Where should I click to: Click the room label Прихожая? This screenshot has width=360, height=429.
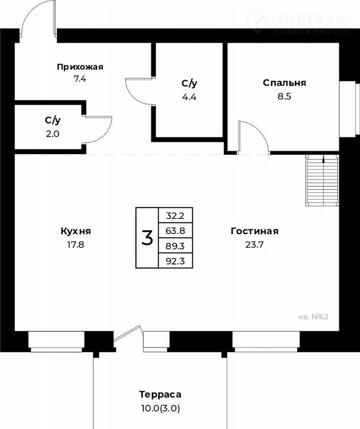pyautogui.click(x=80, y=67)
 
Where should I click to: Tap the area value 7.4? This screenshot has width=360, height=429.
pyautogui.click(x=80, y=79)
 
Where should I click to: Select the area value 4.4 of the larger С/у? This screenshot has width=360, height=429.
pyautogui.click(x=190, y=97)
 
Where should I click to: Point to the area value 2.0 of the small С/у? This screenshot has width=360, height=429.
pyautogui.click(x=52, y=134)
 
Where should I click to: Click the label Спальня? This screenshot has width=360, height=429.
pyautogui.click(x=285, y=83)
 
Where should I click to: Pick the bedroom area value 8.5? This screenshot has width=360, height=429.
pyautogui.click(x=285, y=97)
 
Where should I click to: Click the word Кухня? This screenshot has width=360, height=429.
pyautogui.click(x=76, y=231)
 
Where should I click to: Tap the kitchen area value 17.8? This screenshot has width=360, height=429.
pyautogui.click(x=76, y=244)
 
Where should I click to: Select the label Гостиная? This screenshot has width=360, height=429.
pyautogui.click(x=255, y=231)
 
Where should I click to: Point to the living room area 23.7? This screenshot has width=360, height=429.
pyautogui.click(x=254, y=244)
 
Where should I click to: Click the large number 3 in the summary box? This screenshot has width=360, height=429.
pyautogui.click(x=147, y=238)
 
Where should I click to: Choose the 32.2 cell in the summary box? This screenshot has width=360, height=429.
pyautogui.click(x=176, y=216)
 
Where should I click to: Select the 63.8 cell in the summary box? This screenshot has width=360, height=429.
pyautogui.click(x=176, y=231)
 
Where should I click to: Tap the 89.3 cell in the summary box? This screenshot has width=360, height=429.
pyautogui.click(x=176, y=246)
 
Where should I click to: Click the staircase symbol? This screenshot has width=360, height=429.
pyautogui.click(x=322, y=180)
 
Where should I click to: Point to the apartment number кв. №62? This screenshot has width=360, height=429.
pyautogui.click(x=313, y=317)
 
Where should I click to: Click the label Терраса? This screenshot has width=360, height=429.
pyautogui.click(x=160, y=395)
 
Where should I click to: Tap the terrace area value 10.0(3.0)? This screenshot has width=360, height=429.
pyautogui.click(x=160, y=408)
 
